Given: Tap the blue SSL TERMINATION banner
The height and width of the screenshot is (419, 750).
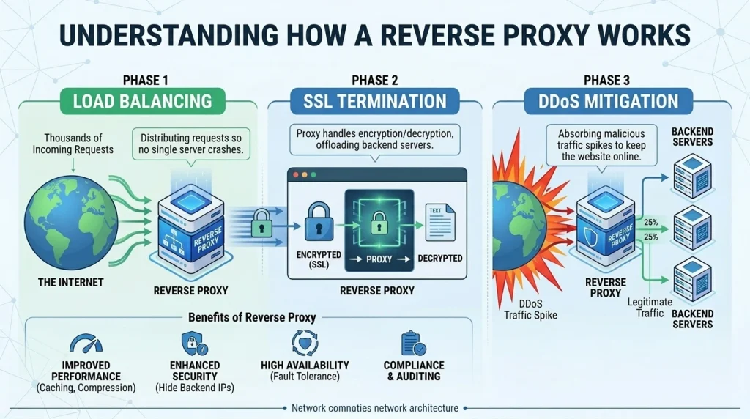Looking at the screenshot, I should [x=375, y=101].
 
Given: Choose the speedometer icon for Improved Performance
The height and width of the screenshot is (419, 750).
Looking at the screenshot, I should [x=86, y=344].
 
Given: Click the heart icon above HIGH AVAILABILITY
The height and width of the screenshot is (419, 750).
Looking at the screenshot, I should [x=304, y=344].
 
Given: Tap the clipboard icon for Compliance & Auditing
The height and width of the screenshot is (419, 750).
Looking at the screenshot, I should [x=413, y=344].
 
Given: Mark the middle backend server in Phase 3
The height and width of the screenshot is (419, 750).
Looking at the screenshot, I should [x=691, y=223].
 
